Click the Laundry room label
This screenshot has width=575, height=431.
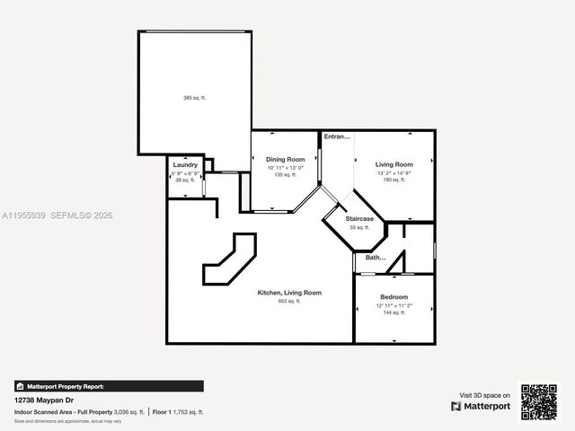coord(185,165)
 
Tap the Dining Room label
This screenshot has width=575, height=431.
coord(285,159)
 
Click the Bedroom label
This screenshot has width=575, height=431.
coord(394,297)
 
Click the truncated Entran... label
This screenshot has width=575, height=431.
coord(337,136)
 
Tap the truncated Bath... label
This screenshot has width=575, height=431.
coord(375,259)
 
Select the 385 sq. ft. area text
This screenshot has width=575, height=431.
coord(194,98)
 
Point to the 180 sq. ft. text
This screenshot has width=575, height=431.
coord(394,180)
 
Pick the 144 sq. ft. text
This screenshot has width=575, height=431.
coord(394,313)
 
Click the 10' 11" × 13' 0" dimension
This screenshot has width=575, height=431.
coord(285,168)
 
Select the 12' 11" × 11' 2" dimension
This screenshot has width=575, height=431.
coord(394,305)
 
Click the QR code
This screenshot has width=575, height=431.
coord(539,401)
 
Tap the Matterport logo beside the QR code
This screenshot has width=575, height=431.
coord(481,406)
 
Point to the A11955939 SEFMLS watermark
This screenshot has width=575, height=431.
coord(57,215)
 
